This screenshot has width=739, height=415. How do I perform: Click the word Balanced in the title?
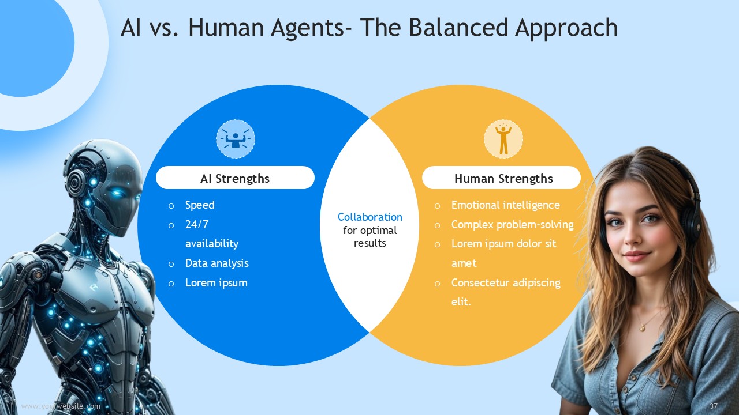click(458, 27)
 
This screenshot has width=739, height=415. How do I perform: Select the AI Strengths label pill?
click(235, 178)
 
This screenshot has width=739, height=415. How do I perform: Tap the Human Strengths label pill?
click(501, 178)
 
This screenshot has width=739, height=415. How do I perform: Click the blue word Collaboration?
click(370, 217)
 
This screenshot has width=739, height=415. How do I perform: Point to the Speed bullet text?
click(200, 205)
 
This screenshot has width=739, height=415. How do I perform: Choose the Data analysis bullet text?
click(217, 263)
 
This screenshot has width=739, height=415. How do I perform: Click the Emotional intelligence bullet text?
click(505, 205)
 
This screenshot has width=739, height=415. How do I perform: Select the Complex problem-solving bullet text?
click(512, 225)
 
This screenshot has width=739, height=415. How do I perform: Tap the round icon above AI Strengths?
click(235, 139)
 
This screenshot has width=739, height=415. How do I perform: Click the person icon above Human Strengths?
click(503, 139)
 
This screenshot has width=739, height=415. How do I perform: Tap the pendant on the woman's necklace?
click(642, 327)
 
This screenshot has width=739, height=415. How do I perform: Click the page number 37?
click(713, 406)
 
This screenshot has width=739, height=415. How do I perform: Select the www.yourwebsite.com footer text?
click(61, 406)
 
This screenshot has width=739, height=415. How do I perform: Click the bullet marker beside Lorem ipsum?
click(171, 284)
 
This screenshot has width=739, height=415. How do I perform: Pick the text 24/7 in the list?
click(197, 225)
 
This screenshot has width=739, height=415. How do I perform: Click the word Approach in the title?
click(566, 28)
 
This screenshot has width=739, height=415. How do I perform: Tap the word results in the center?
click(370, 243)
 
